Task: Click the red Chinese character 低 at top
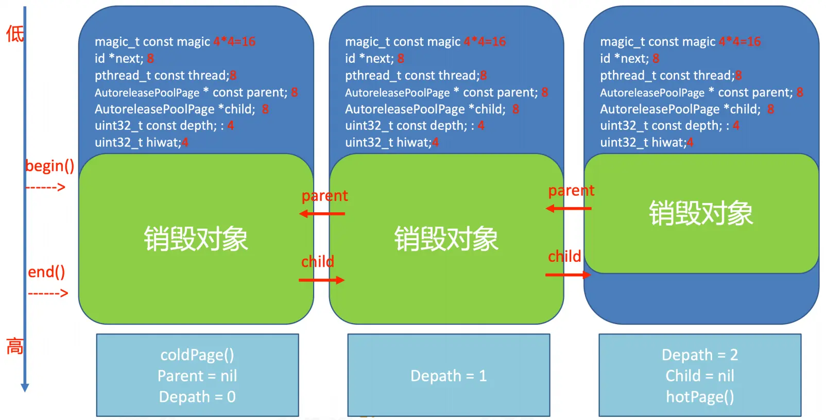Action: (x=14, y=34)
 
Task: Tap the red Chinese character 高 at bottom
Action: (x=14, y=346)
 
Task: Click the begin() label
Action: (x=49, y=166)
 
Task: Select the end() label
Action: (x=46, y=272)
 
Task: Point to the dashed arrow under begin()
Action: (x=45, y=188)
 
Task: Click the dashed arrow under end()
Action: (x=48, y=294)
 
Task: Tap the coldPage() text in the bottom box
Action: (x=197, y=355)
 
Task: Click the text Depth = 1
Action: (x=448, y=376)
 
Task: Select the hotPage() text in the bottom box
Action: (x=700, y=397)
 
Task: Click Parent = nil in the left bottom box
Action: (x=197, y=376)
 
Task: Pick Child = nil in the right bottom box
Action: (x=700, y=376)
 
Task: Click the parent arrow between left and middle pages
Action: (x=322, y=213)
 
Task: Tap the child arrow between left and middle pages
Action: (x=321, y=280)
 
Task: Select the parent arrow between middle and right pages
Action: (x=569, y=208)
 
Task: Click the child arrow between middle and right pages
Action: (x=568, y=275)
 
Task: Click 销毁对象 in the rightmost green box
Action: (x=700, y=213)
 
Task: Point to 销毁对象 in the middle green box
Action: (x=446, y=239)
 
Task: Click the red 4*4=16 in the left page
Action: (x=234, y=42)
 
